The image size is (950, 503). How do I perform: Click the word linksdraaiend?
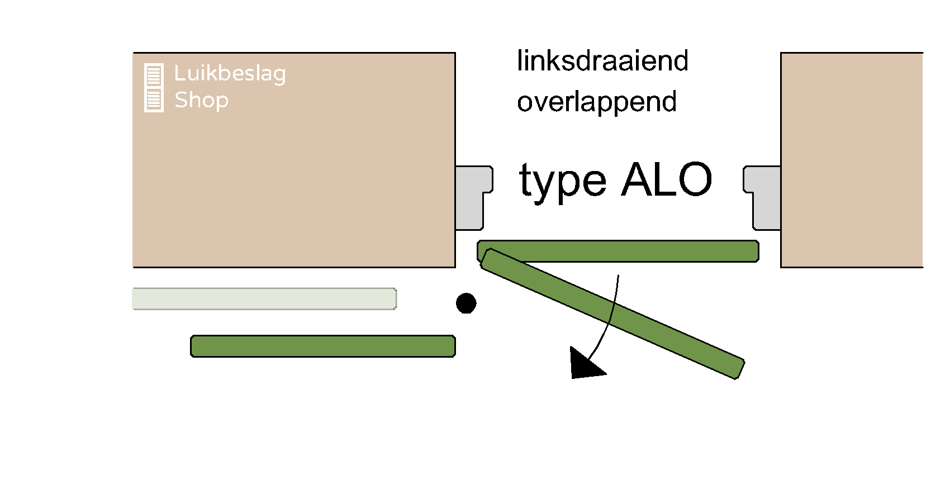pyautogui.click(x=602, y=61)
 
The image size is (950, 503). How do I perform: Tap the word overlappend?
pyautogui.click(x=597, y=102)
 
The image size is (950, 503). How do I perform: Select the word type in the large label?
pyautogui.click(x=562, y=181)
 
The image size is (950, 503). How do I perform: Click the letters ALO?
pyautogui.click(x=667, y=179)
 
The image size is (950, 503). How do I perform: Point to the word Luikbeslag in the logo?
pyautogui.click(x=230, y=73)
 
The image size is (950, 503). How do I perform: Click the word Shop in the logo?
pyautogui.click(x=201, y=100)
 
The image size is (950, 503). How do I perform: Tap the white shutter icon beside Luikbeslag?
pyautogui.click(x=154, y=88)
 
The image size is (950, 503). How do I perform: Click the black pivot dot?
pyautogui.click(x=466, y=303)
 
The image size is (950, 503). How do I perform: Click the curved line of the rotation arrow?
pyautogui.click(x=614, y=313)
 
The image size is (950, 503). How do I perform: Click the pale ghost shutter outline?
pyautogui.click(x=264, y=298)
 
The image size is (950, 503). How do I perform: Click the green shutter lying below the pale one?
pyautogui.click(x=323, y=346)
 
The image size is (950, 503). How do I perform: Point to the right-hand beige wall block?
pyautogui.click(x=851, y=160)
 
